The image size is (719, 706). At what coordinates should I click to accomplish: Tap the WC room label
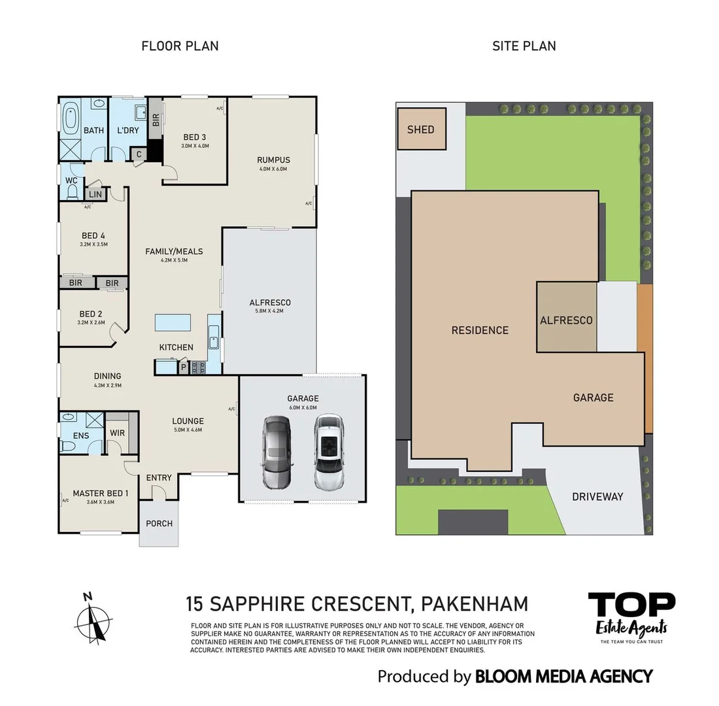tap(71, 180)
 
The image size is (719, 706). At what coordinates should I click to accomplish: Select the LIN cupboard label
tap(95, 195)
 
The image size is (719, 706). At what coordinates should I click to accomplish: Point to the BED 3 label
tap(194, 137)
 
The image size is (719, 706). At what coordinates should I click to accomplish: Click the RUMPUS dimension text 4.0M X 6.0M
tap(273, 169)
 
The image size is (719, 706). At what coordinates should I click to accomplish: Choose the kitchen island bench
tap(173, 322)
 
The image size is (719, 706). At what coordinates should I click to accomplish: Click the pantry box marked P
tap(184, 367)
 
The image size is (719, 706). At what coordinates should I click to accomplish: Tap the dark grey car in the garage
tap(276, 452)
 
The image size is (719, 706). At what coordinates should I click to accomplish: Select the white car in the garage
tap(329, 452)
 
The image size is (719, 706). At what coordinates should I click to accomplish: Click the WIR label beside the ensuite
tap(118, 433)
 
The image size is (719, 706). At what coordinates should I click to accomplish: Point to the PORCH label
tap(159, 524)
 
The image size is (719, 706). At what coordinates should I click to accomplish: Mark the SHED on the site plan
tap(422, 129)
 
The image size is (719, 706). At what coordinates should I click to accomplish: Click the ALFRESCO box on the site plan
tap(567, 317)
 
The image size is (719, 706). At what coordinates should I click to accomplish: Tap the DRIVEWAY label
tap(597, 496)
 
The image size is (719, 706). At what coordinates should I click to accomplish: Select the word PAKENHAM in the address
tap(475, 604)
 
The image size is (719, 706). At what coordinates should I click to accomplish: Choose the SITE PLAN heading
tap(524, 46)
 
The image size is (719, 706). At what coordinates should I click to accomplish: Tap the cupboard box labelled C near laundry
tap(139, 154)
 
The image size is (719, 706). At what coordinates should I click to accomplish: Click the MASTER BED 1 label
tap(101, 493)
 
